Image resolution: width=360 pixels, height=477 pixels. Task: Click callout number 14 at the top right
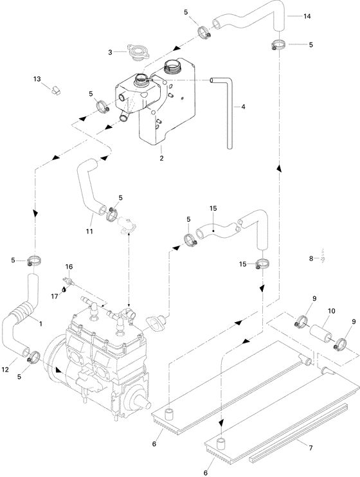point(307,15)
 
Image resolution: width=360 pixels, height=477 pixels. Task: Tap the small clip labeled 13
point(55,89)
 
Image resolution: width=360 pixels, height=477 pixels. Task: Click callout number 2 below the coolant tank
point(162,157)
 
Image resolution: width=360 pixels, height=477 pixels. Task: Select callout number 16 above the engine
point(69,265)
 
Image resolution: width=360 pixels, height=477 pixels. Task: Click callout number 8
point(310,258)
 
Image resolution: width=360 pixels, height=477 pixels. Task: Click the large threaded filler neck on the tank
point(174,67)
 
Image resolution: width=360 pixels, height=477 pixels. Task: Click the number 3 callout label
point(111,51)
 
